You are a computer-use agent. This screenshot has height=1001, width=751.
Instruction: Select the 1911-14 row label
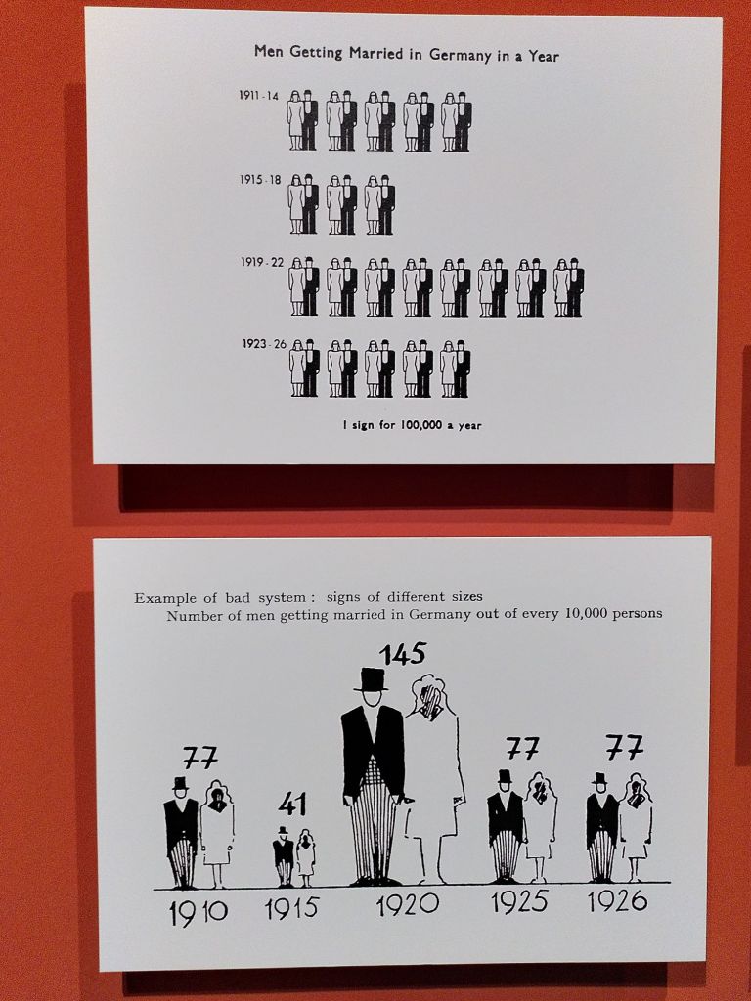pos(258,96)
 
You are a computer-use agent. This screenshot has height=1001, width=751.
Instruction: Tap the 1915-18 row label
pos(260,180)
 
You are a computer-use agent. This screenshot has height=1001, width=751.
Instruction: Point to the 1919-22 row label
pos(262,262)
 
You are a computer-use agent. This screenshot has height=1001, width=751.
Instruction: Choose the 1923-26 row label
pos(264,344)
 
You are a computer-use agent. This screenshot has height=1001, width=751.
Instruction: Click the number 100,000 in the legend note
pos(420,425)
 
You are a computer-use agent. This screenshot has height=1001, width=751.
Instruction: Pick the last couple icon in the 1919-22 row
pos(568,287)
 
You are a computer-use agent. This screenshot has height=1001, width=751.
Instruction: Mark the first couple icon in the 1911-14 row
pos(302,120)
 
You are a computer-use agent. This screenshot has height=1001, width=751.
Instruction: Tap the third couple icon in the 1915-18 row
pos(380,204)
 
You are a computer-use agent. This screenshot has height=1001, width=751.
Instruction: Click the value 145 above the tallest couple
pos(402,654)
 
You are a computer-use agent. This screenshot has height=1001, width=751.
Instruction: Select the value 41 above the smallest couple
pos(292,805)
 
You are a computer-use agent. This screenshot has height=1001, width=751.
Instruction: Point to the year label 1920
pos(408,904)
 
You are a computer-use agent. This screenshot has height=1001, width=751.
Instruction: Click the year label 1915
pos(291,908)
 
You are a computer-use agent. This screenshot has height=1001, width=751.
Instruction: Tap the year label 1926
pos(618,900)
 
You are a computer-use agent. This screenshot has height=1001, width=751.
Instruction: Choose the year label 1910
pos(199,913)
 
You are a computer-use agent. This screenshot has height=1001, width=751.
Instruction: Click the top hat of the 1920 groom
pos(371,680)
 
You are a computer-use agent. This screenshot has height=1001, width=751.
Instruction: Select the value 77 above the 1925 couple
pos(523,748)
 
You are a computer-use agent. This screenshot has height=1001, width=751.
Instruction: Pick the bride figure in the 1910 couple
pos(217,834)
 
